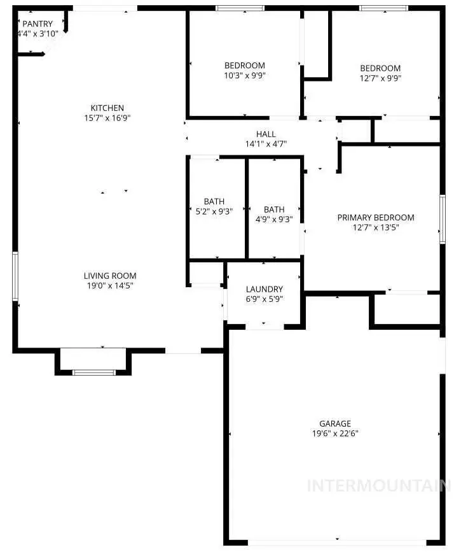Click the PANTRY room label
coord(38,24)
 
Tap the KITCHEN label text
coord(107,108)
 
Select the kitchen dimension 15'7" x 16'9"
coord(107,118)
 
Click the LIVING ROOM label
coord(110,276)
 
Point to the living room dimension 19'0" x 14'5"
coord(110,286)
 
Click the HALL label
coord(266,134)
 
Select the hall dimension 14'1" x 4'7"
coord(266,144)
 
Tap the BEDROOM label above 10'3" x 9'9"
coord(244,66)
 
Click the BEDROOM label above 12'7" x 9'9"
coord(380,69)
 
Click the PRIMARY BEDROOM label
coord(375,217)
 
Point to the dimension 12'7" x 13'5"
coord(375,227)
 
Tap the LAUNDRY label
coord(264,288)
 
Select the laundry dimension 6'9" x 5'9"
coord(264,299)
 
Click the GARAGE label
coord(335,423)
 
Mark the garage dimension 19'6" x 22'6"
coord(335,434)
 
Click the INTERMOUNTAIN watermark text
coord(379,485)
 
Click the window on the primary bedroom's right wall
coord(442,218)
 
